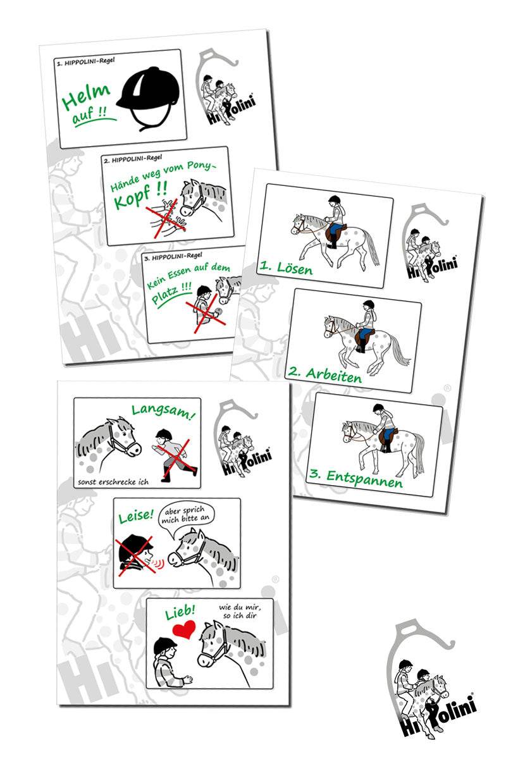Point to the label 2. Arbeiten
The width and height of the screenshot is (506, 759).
pos(325,374)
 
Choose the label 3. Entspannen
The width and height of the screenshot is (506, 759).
pos(356,478)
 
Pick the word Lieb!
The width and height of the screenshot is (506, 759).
pos(180,612)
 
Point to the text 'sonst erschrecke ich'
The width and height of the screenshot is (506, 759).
pos(113,482)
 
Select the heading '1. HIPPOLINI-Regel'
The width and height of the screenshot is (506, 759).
pos(86,62)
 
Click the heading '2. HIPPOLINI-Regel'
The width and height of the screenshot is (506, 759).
pos(133,159)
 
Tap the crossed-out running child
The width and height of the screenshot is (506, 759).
pos(175,455)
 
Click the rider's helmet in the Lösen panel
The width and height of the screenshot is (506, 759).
pos(334,200)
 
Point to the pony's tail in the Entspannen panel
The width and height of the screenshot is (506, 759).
pos(419,453)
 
